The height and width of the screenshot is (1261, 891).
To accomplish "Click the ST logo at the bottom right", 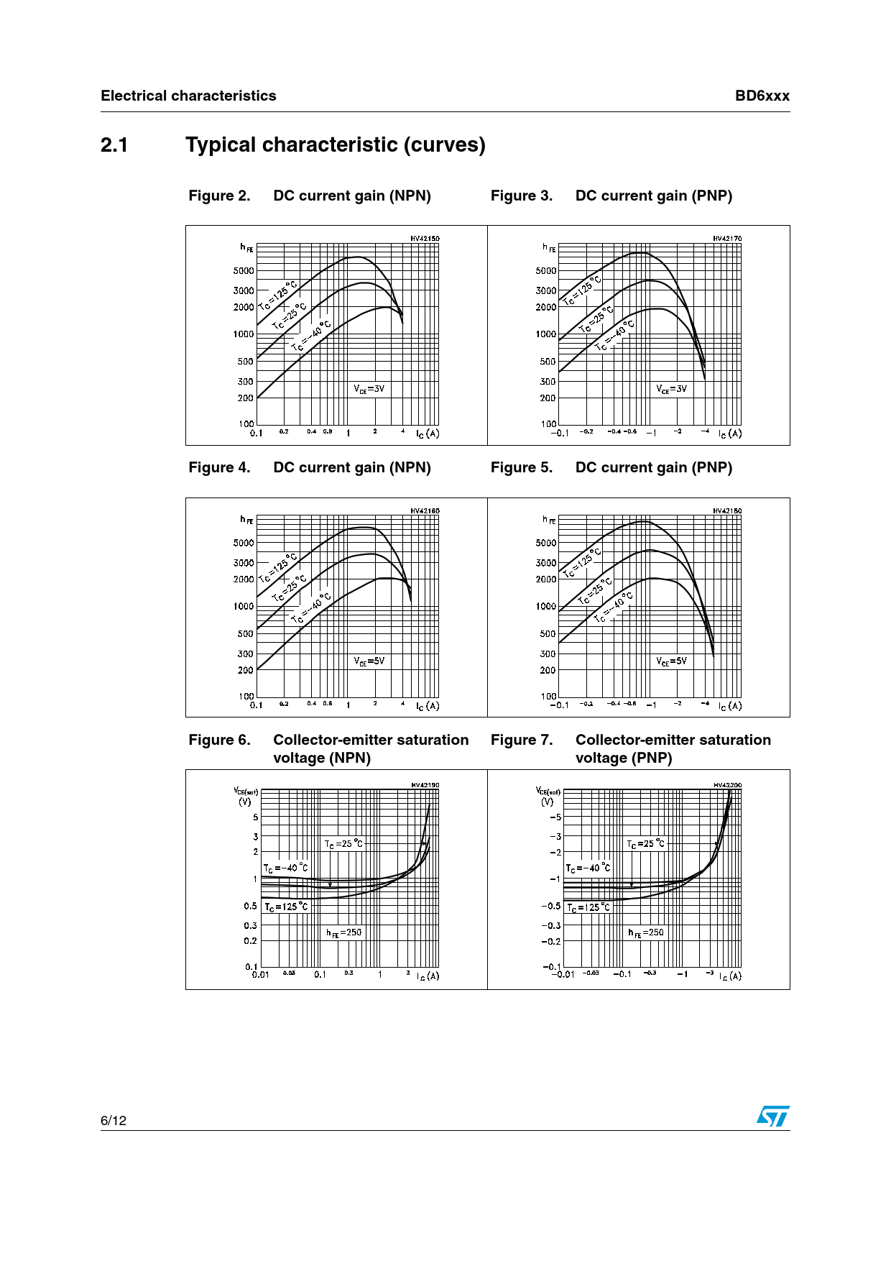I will tap(772, 1116).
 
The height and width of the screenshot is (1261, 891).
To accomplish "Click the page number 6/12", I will tap(114, 1120).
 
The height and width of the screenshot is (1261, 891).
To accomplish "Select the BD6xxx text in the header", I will tap(762, 96).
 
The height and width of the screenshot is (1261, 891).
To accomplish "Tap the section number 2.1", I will tap(114, 145).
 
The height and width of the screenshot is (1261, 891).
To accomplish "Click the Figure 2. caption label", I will tap(219, 196).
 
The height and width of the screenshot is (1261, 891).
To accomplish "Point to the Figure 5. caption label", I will tap(521, 467).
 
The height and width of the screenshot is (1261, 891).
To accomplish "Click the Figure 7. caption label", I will tap(521, 740).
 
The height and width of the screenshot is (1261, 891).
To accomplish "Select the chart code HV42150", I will tap(425, 238).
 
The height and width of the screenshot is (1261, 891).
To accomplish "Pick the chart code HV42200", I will tap(727, 785).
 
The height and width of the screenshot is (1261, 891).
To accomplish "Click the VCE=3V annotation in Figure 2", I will tap(369, 389).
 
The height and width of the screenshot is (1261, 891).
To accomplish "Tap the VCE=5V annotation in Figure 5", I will tap(671, 661).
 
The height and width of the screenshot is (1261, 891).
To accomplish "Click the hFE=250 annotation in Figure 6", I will tap(344, 932).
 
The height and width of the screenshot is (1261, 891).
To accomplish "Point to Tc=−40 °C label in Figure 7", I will tap(588, 868).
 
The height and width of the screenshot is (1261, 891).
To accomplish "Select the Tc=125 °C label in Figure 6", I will tap(286, 907).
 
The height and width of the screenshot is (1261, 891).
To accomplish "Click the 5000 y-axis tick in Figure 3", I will tap(546, 270).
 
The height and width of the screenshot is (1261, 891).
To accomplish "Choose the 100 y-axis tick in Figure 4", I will tap(246, 696).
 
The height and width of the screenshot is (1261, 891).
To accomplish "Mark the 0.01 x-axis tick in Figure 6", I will tap(260, 974).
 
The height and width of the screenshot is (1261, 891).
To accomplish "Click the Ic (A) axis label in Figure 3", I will tap(730, 434).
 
